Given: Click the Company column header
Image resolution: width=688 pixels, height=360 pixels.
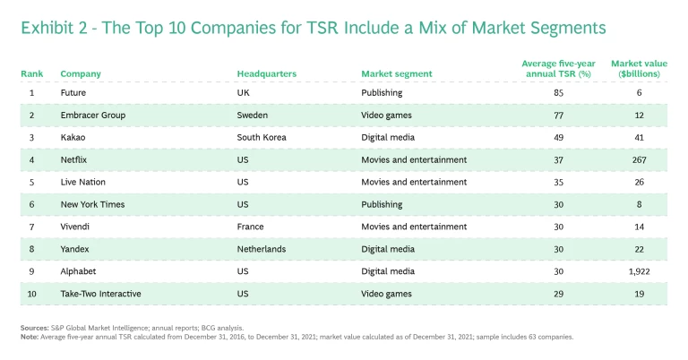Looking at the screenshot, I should click(x=80, y=73).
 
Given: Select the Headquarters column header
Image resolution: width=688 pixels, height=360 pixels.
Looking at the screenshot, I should click(x=266, y=73).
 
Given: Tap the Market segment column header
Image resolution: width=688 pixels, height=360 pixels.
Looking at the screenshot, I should click(x=396, y=73).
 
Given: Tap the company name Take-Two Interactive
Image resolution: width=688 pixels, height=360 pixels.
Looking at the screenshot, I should click(x=100, y=294).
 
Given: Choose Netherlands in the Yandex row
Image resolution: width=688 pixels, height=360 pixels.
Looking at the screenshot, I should click(x=262, y=249).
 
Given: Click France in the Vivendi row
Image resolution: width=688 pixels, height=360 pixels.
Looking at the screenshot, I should click(x=250, y=227).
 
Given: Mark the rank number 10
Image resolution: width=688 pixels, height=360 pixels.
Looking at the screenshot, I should click(x=31, y=294).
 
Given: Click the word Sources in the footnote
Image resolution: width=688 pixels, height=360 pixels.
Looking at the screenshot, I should click(x=35, y=328).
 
